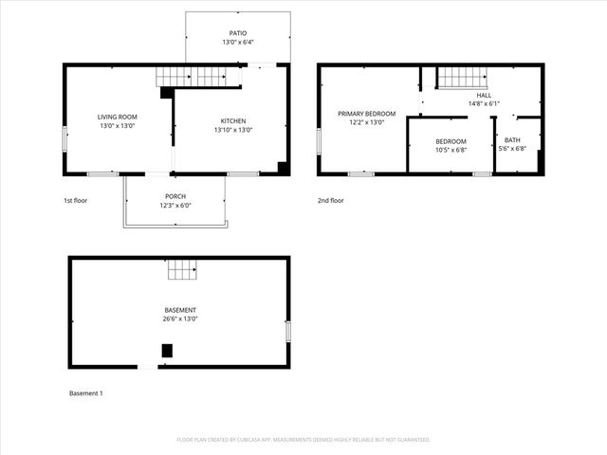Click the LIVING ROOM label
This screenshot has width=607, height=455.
(x=118, y=117)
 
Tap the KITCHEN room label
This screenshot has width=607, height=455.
(x=233, y=121)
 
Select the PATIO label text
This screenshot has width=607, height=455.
(x=238, y=33)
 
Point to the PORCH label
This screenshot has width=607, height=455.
(x=175, y=196)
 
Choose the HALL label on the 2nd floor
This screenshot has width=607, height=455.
(x=484, y=95)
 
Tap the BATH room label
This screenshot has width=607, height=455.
(x=512, y=140)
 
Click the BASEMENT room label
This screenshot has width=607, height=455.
(x=179, y=310)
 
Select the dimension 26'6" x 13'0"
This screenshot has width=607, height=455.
(x=179, y=318)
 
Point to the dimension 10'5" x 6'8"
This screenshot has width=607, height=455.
(x=451, y=150)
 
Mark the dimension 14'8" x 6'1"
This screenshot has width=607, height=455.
(x=484, y=103)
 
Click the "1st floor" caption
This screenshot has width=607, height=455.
(x=77, y=201)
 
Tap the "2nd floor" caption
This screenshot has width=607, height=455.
(x=331, y=201)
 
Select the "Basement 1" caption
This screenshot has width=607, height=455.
(x=86, y=392)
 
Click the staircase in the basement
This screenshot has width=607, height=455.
(x=182, y=270)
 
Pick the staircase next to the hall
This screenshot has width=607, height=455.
(x=462, y=77)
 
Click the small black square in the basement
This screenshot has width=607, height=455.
(x=167, y=350)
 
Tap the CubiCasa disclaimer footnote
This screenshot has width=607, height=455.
(x=303, y=440)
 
